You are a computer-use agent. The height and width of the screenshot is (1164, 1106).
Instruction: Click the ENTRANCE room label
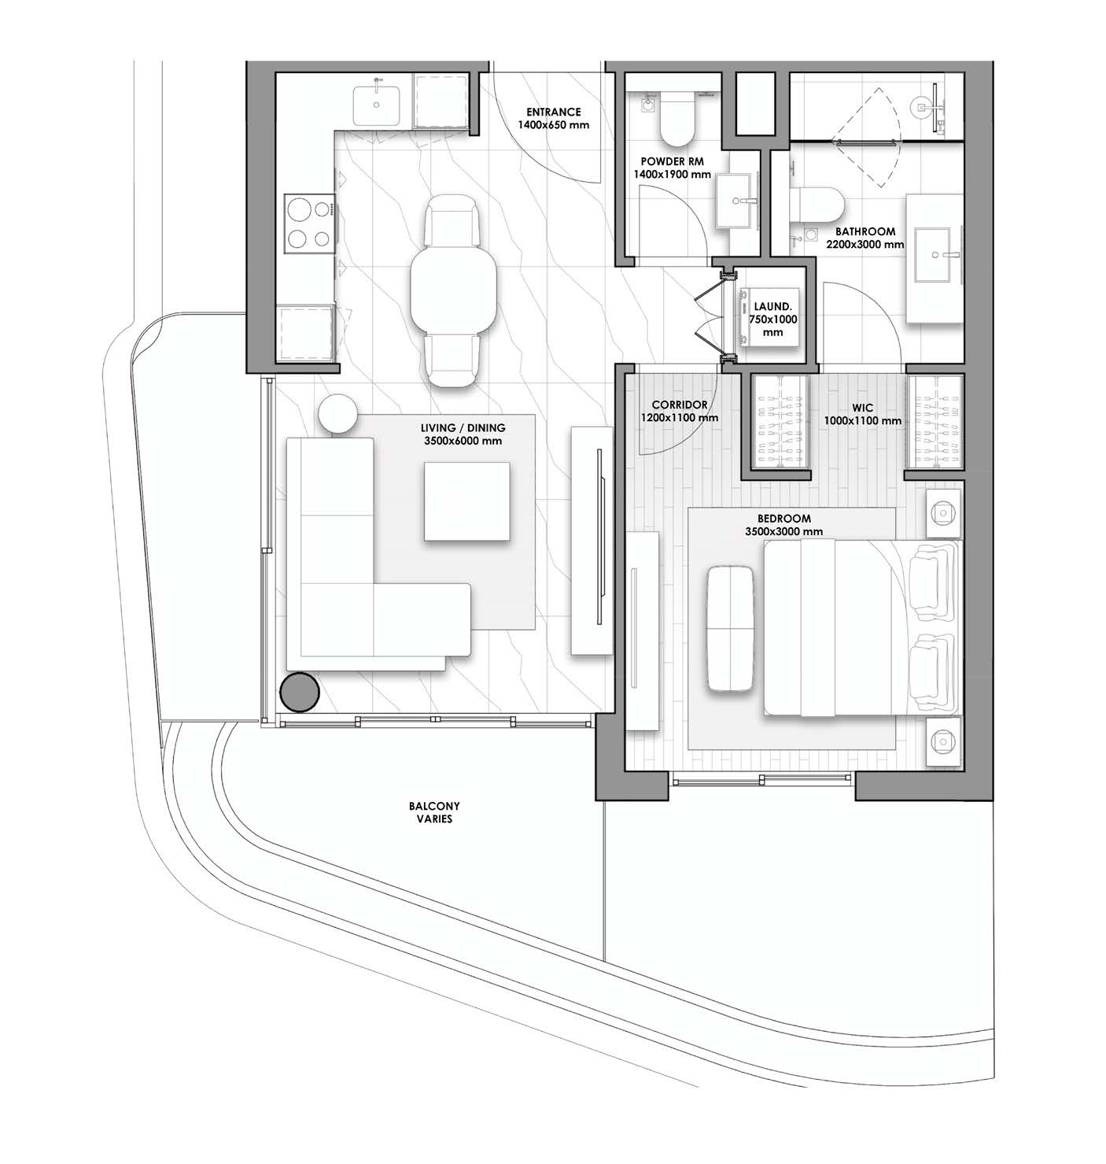pyautogui.click(x=553, y=112)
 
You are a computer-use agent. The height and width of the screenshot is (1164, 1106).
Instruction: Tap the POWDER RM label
pyautogui.click(x=673, y=161)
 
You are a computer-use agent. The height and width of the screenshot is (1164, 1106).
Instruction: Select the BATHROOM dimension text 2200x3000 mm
pyautogui.click(x=865, y=245)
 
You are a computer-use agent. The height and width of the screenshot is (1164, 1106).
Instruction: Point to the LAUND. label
pyautogui.click(x=772, y=307)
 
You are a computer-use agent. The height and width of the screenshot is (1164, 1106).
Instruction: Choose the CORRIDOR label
pyautogui.click(x=680, y=405)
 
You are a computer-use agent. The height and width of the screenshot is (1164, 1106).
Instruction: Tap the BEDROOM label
pyautogui.click(x=784, y=519)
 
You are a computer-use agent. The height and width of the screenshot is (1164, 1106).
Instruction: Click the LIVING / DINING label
pyautogui.click(x=463, y=428)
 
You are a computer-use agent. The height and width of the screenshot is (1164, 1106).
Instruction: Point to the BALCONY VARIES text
pyautogui.click(x=434, y=812)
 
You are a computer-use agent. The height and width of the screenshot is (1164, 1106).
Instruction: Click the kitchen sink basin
pyautogui.click(x=376, y=105)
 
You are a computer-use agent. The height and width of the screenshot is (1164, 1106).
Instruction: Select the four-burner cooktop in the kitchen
pyautogui.click(x=309, y=224)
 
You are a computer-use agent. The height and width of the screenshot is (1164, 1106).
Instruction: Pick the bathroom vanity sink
pyautogui.click(x=935, y=256)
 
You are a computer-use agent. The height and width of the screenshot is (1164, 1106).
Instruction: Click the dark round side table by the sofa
pyautogui.click(x=300, y=692)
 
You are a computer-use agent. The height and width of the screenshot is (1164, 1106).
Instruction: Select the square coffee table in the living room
pyautogui.click(x=467, y=501)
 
